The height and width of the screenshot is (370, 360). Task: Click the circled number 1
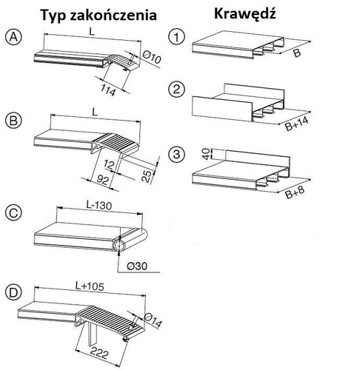(x=175, y=36)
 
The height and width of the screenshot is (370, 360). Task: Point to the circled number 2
(x=175, y=90)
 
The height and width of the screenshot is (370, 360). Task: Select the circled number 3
(x=175, y=156)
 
